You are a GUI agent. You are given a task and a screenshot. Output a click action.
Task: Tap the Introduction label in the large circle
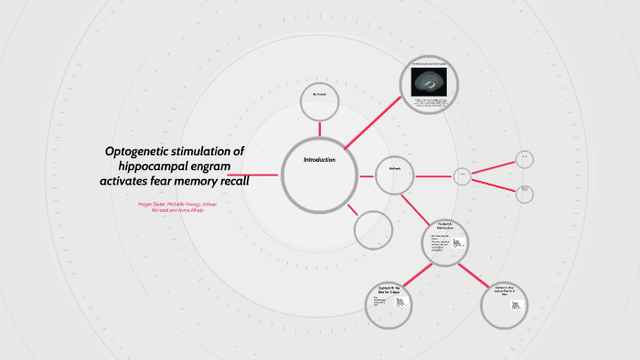pos(319,160)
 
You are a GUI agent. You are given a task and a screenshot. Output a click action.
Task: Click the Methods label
pos(395,168)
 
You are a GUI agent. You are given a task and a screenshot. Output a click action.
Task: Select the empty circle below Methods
pos(372,228)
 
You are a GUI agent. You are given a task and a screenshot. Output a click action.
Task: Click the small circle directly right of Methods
pos(463,175)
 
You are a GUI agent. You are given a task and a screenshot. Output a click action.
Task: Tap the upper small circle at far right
pos(524,158)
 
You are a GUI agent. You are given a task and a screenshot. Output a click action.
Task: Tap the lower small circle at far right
pos(524,193)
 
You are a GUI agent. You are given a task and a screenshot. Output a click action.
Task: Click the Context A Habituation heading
pos(445,226)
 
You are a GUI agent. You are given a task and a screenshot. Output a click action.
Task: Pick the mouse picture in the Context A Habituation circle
pos(457,244)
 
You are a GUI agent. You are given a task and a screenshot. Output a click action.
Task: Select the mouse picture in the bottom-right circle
pos(515,305)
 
